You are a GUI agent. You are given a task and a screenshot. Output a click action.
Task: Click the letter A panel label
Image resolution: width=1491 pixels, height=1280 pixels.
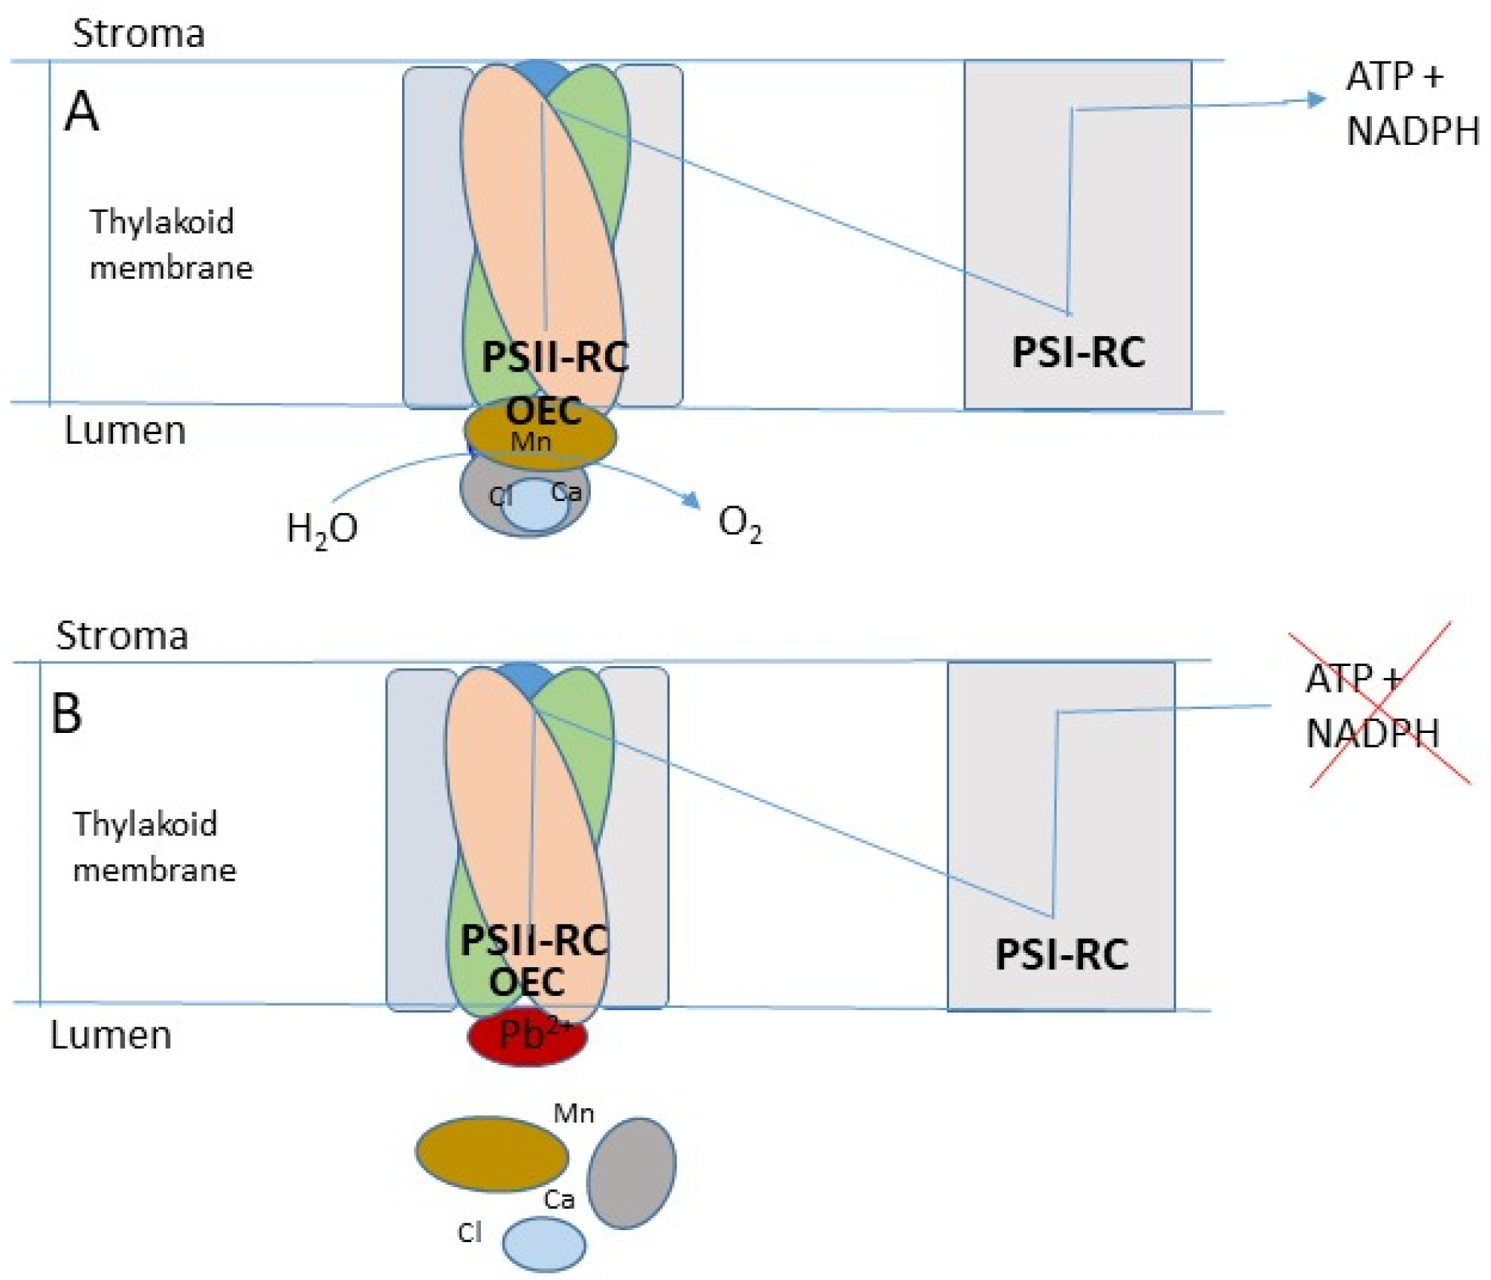coord(82,111)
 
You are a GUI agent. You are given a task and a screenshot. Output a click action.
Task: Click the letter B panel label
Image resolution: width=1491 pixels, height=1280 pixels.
coord(66,714)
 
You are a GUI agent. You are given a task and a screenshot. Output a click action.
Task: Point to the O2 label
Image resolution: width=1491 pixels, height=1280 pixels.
coord(740,523)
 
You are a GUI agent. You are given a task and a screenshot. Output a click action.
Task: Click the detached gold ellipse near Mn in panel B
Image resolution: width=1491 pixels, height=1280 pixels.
coord(491,1154)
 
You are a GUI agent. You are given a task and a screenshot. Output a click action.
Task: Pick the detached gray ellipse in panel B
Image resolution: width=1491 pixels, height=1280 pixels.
coord(631,1173)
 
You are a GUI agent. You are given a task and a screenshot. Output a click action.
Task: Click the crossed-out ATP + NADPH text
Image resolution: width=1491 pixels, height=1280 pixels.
coord(1372,706)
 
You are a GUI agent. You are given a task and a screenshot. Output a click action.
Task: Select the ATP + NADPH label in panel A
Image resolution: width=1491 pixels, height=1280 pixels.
coord(1411,104)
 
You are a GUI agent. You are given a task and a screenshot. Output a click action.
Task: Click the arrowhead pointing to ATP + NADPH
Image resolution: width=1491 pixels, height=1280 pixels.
coord(1316,99)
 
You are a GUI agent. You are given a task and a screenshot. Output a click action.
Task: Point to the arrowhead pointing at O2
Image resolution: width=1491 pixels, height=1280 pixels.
coord(692,500)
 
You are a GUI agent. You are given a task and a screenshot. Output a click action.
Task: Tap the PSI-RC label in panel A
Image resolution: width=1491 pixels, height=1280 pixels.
coord(1078,352)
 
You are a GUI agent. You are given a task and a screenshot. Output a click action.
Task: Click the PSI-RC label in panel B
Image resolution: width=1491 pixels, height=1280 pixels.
coord(1061,954)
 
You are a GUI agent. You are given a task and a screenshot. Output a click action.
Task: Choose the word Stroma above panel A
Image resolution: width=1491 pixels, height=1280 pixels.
coord(139,33)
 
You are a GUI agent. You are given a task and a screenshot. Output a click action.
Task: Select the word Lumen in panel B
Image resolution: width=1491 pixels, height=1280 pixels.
coord(111,1035)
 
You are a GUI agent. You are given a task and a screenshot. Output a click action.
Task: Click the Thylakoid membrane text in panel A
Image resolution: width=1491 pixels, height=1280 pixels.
coord(170,245)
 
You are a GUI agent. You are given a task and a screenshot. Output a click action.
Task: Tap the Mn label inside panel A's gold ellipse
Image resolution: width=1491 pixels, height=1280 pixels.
coord(531,442)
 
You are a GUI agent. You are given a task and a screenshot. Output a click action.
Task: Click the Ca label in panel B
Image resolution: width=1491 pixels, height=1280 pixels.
coord(559,1199)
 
